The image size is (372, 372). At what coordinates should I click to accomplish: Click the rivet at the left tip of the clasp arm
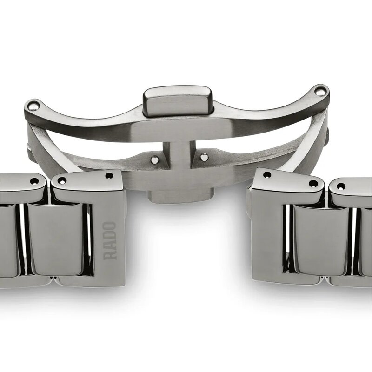click(31, 106)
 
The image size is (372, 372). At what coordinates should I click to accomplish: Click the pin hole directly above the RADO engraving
click(109, 176)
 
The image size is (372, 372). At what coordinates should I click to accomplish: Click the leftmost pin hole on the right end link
click(267, 175)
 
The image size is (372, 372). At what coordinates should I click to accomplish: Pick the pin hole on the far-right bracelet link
click(341, 186)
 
